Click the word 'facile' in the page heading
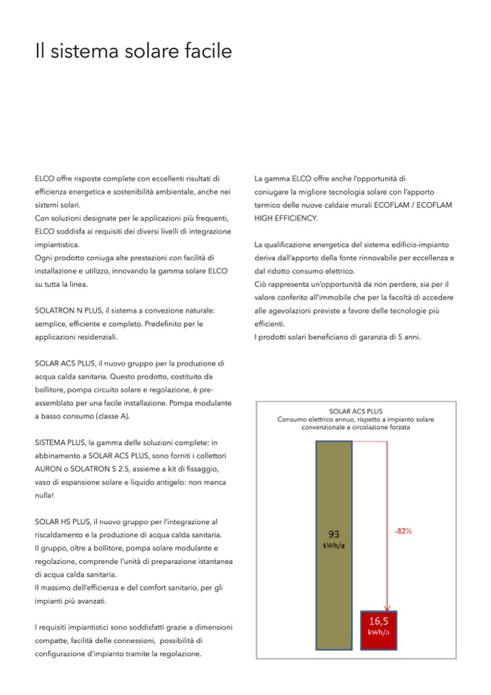tap(205, 52)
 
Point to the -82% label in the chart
tap(403, 531)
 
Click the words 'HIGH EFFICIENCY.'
tap(286, 217)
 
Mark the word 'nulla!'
tap(44, 495)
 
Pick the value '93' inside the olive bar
tap(334, 531)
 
